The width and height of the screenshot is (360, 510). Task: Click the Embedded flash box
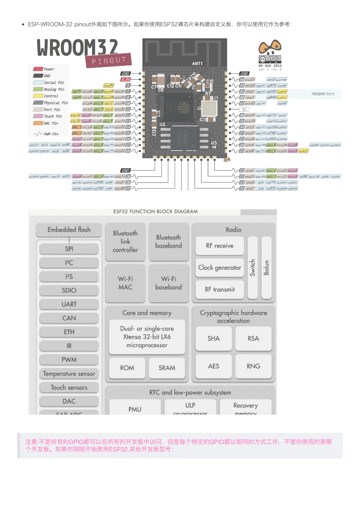coord(69,230)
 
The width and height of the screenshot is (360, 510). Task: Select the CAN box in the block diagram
coord(69,318)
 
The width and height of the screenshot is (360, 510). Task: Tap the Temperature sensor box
coord(69,374)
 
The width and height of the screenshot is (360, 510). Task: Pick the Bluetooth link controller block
coord(125,241)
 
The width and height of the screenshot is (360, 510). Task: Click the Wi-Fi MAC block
coord(125,283)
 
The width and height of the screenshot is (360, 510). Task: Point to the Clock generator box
coord(220,268)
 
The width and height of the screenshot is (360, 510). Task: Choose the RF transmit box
coord(220,290)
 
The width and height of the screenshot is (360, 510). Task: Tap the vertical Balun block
coord(266,268)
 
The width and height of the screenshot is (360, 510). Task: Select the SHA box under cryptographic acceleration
coord(213,338)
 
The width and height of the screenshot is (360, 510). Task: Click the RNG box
coord(253,366)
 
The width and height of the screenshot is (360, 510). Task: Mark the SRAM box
coord(167,368)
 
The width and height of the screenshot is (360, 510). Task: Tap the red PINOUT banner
coord(109,61)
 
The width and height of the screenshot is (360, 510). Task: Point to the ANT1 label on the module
coord(197,63)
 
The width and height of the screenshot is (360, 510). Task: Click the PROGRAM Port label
coord(323,94)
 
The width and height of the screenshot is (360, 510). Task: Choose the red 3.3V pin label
coord(126,80)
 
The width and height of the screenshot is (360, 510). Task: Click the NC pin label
coord(244,109)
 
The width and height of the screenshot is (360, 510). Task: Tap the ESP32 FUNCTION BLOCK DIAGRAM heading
coord(155,212)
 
